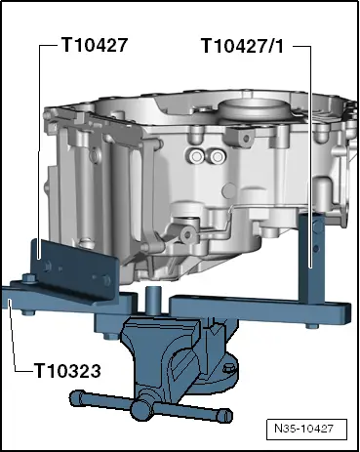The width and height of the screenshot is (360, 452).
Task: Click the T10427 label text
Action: pos(95,44)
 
